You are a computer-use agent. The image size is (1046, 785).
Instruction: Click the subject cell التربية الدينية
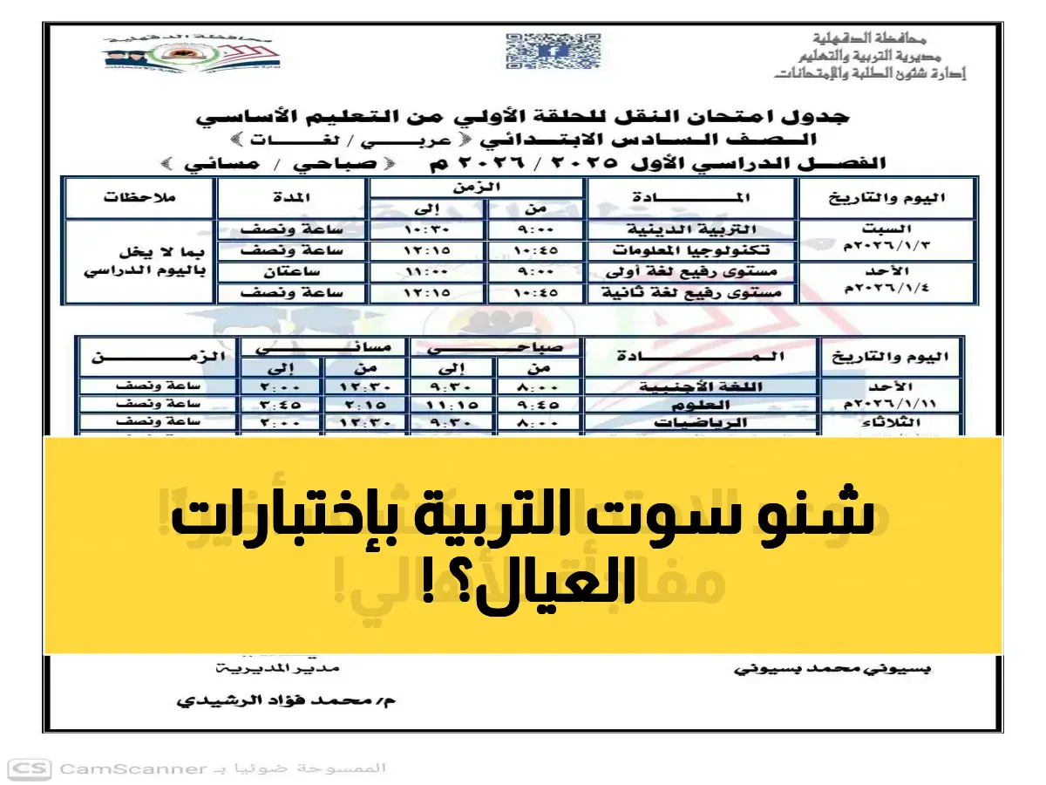click(x=693, y=229)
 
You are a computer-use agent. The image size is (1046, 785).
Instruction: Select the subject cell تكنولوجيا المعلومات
click(x=693, y=250)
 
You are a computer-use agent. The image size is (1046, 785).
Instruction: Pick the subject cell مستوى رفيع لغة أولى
click(x=693, y=272)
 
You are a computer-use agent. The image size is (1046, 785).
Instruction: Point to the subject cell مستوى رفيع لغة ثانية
click(x=693, y=293)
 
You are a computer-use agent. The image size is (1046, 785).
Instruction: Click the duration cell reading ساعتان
click(x=293, y=272)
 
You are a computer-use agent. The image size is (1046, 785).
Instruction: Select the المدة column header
click(x=293, y=198)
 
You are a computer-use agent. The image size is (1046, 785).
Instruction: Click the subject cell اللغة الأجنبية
click(x=701, y=386)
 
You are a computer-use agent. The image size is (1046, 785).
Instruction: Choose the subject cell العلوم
click(x=701, y=405)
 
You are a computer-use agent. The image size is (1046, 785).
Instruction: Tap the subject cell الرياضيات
click(x=701, y=423)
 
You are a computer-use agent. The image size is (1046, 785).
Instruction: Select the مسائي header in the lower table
click(x=324, y=347)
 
